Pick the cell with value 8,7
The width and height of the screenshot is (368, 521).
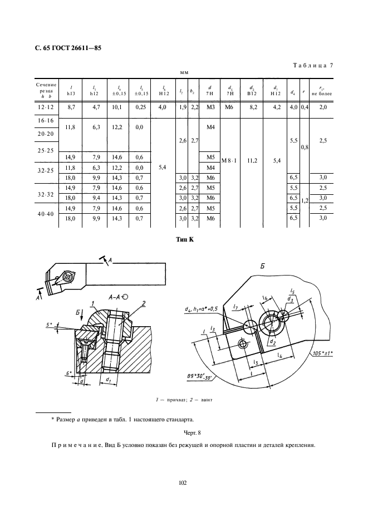(x=71, y=106)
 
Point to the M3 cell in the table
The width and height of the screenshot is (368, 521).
(x=210, y=106)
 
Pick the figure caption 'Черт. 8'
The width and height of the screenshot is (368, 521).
(x=184, y=432)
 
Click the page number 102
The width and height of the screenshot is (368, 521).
(x=184, y=482)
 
